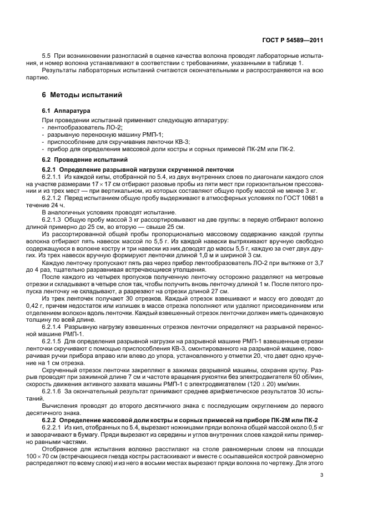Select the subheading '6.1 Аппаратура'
(x=63, y=111)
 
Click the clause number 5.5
(x=47, y=56)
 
